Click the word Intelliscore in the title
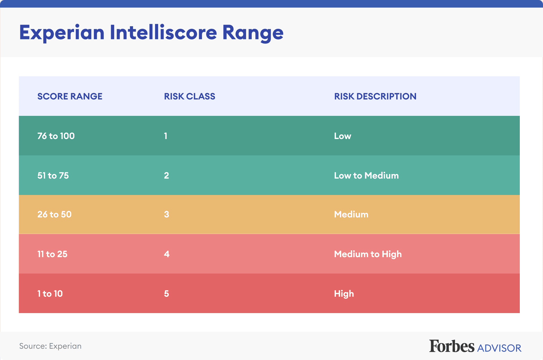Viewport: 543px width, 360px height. click(x=163, y=32)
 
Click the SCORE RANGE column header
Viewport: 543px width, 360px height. click(x=70, y=96)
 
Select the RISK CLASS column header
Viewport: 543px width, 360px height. click(x=189, y=96)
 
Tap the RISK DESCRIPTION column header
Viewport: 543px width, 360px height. click(x=375, y=96)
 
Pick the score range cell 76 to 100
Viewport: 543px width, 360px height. click(x=56, y=136)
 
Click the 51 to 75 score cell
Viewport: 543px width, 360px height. click(x=53, y=175)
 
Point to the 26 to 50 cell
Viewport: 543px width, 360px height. click(x=54, y=214)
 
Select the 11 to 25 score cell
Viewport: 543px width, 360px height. click(x=52, y=254)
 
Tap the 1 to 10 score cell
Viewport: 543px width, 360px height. click(x=50, y=294)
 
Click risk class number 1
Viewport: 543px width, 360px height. click(x=166, y=136)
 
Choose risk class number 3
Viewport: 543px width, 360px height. click(x=167, y=214)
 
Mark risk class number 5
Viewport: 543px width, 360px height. click(x=167, y=294)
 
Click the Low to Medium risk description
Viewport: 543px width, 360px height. click(x=366, y=175)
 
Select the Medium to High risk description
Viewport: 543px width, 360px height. click(x=368, y=254)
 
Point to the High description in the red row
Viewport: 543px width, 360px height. click(x=344, y=294)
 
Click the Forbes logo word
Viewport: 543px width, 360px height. click(x=452, y=346)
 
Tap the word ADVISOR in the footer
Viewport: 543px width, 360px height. click(x=499, y=348)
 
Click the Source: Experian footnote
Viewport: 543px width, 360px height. click(x=50, y=346)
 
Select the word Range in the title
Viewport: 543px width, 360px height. click(x=253, y=33)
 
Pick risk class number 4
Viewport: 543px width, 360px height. click(x=167, y=254)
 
